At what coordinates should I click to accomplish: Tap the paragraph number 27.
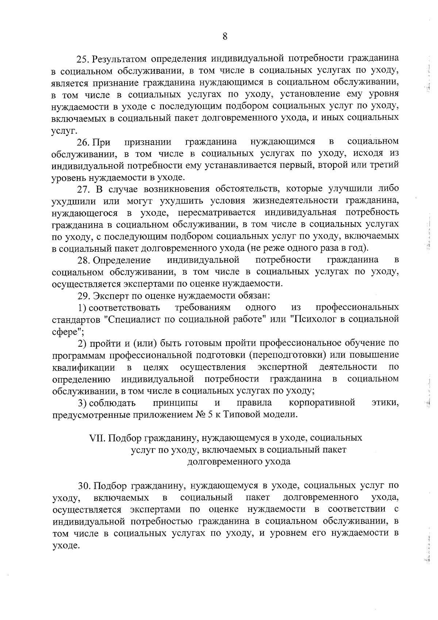(83, 189)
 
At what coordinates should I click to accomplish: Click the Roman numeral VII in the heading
(97, 438)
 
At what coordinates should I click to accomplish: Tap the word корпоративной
(322, 403)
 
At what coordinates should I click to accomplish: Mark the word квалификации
(84, 367)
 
